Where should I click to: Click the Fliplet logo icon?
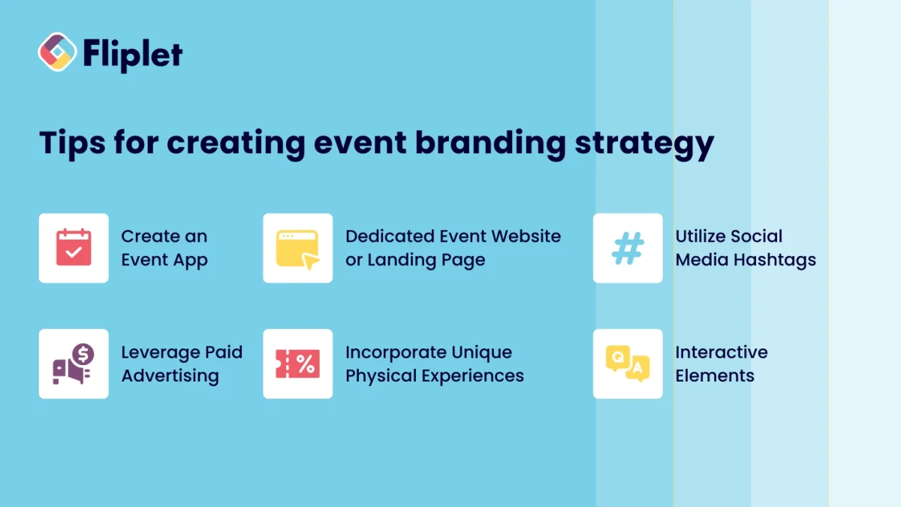[x=58, y=52]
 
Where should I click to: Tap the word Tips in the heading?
[x=71, y=143]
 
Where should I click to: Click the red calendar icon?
[x=74, y=248]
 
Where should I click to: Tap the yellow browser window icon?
[x=297, y=248]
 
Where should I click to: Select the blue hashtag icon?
[x=628, y=248]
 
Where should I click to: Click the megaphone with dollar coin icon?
[x=74, y=364]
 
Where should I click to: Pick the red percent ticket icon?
[x=297, y=364]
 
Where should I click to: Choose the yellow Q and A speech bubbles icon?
[x=628, y=364]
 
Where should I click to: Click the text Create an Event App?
[x=164, y=248]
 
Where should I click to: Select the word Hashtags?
[x=776, y=261]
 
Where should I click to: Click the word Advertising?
[x=170, y=376]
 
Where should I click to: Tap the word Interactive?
[x=721, y=352]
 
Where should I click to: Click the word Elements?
[x=714, y=376]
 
